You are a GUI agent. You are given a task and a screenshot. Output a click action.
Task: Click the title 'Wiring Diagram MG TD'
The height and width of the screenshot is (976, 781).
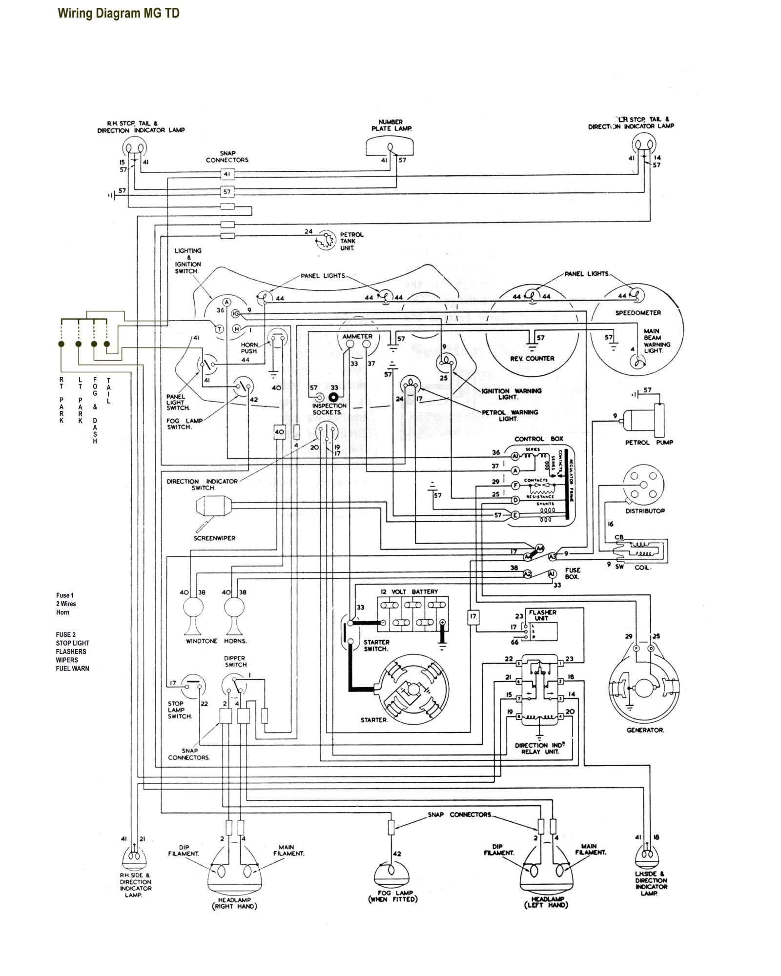(119, 13)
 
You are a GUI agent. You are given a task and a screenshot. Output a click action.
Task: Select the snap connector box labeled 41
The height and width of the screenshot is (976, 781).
(227, 174)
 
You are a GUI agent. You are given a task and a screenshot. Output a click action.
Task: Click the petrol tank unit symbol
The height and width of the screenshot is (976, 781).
(326, 240)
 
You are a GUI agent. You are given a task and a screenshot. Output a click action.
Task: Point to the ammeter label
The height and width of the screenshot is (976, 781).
(357, 337)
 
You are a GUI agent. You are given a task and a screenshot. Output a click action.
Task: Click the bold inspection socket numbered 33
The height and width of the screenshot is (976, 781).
(334, 398)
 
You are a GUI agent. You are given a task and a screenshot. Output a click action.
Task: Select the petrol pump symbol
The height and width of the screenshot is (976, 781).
(645, 420)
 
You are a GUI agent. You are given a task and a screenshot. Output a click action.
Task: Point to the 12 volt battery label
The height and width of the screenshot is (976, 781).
(410, 591)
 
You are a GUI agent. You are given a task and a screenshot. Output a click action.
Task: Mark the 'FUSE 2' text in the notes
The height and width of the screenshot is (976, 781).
(66, 635)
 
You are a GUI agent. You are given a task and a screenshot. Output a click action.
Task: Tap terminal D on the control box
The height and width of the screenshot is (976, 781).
(514, 500)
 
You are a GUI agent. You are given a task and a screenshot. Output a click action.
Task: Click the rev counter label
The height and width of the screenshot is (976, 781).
(532, 358)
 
